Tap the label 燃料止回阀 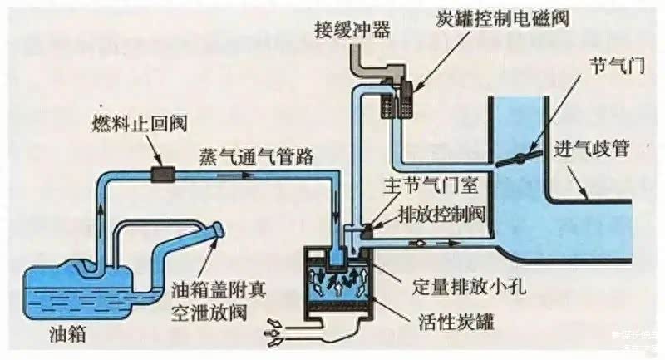pyautogui.click(x=140, y=124)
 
